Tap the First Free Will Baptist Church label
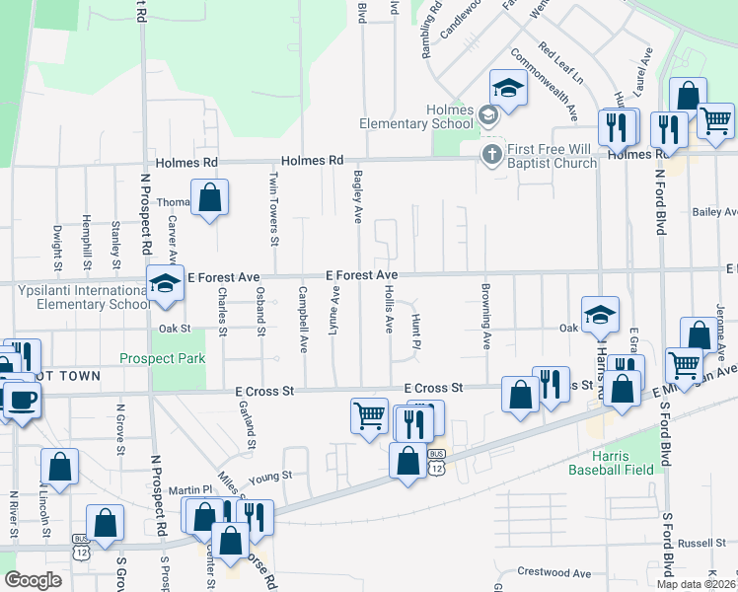[x=552, y=156]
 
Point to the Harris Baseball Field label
[x=611, y=463]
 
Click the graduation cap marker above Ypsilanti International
[x=165, y=283]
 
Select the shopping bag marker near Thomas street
[x=210, y=197]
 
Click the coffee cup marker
[x=21, y=400]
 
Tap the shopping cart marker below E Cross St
[x=369, y=414]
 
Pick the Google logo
[x=33, y=580]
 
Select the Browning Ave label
[x=486, y=317]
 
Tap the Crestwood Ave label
[x=553, y=572]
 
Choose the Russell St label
[x=701, y=543]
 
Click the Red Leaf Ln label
[x=560, y=62]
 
